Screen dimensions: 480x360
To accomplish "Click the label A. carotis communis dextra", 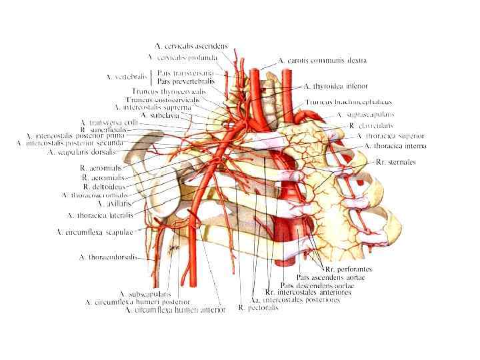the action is [x=323, y=61].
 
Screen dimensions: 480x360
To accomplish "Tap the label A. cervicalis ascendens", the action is [x=191, y=46].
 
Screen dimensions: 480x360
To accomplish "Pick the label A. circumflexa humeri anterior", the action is [x=176, y=309].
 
